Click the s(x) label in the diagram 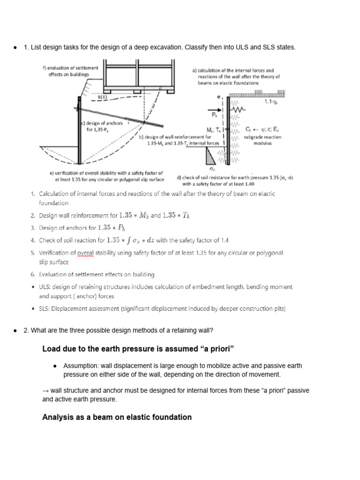tap(103, 97)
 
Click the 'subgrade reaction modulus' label tap(262, 140)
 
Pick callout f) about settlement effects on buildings tap(70, 71)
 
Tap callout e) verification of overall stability tap(106, 176)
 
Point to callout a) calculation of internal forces tap(236, 76)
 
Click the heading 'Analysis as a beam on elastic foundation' tap(117, 417)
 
